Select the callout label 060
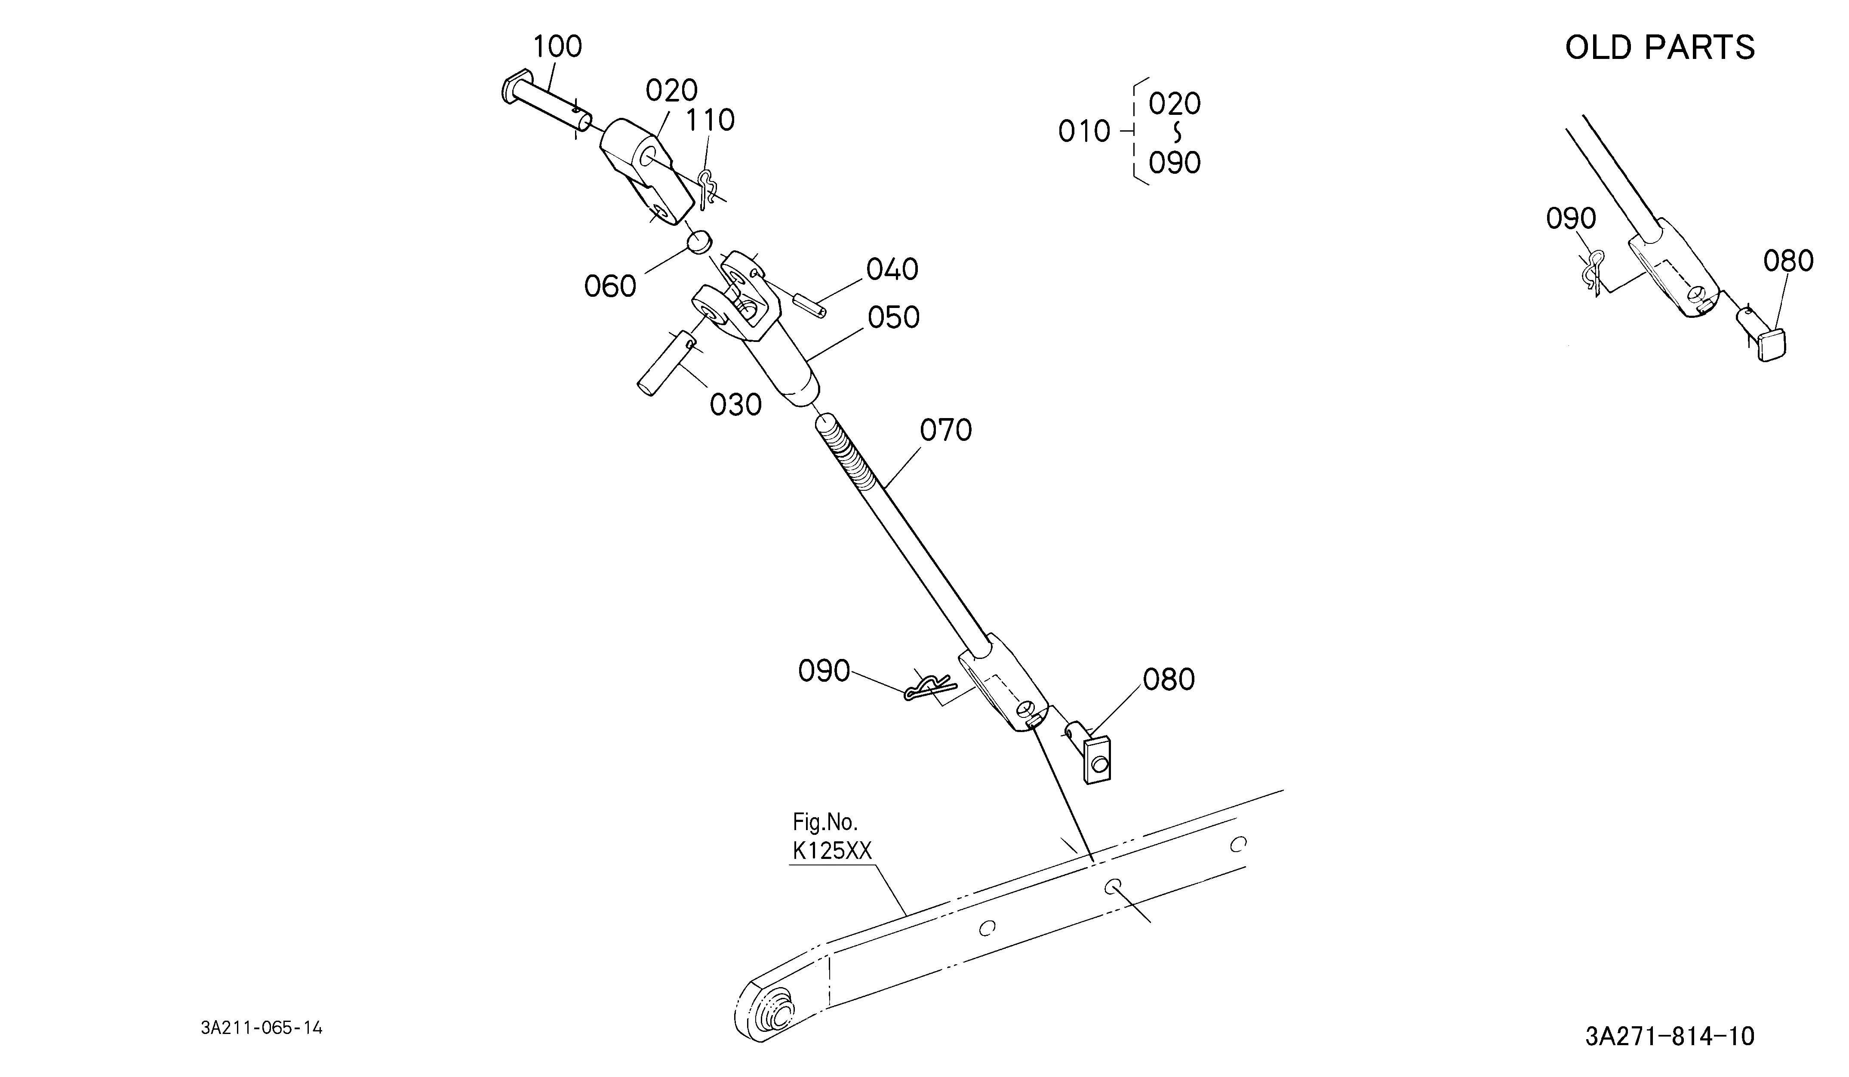[x=610, y=286]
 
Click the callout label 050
[x=894, y=318]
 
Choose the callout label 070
[x=946, y=431]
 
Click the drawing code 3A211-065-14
[x=262, y=1028]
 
